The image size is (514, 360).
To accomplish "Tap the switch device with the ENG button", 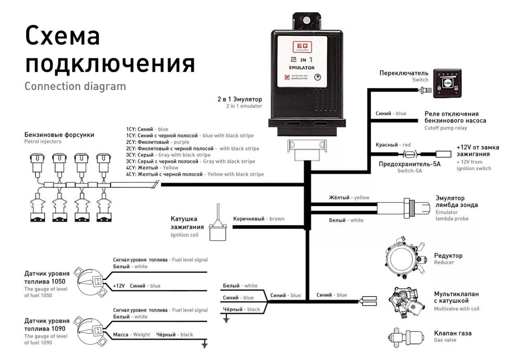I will tap(447, 83).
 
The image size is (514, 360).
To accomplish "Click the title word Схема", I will tap(62, 36).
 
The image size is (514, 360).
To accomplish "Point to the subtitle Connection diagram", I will tap(75, 86).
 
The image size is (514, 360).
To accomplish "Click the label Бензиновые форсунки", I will tap(59, 135).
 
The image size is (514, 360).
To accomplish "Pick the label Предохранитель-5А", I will tap(410, 164).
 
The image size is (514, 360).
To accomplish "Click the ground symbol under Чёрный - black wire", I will tap(226, 319).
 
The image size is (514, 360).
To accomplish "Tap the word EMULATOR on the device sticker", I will tap(302, 67).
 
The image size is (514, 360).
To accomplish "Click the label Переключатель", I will tap(404, 73).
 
